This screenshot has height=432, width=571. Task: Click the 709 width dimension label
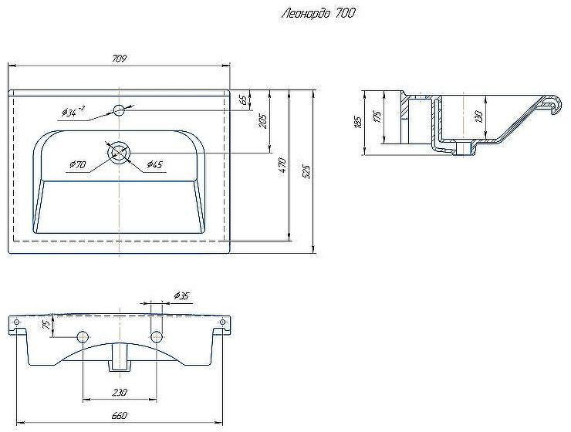click(119, 59)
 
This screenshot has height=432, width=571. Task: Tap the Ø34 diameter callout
click(73, 113)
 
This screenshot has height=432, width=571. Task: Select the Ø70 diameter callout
click(76, 165)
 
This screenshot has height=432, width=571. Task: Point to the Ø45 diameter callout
click(154, 164)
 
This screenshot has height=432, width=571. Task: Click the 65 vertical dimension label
click(242, 100)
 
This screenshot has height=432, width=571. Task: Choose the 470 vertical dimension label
click(282, 165)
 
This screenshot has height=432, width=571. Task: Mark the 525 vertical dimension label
click(307, 171)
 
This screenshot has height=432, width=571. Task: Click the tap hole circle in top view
click(119, 110)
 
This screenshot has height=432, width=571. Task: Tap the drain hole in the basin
click(119, 153)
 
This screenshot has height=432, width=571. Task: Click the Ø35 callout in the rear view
click(181, 295)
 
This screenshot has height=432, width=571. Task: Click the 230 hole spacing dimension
click(119, 393)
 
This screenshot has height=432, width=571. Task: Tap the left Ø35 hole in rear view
click(82, 336)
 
